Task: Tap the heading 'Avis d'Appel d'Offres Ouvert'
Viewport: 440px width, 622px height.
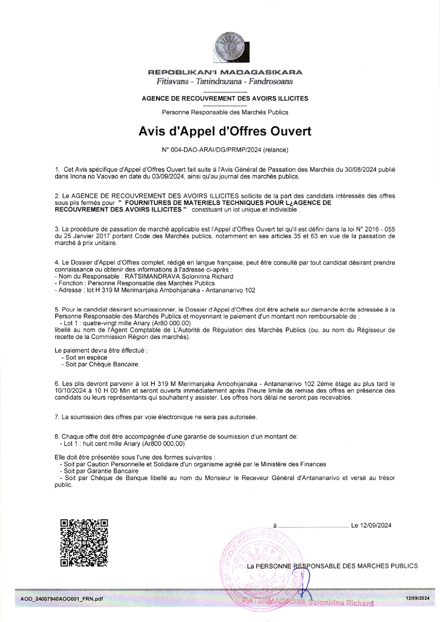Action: (x=225, y=131)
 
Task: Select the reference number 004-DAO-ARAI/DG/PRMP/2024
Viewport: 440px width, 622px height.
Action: (x=211, y=150)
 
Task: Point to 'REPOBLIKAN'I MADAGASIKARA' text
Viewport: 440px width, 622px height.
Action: (x=225, y=72)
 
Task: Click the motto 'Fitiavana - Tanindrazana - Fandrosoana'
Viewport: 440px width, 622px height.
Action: (x=225, y=82)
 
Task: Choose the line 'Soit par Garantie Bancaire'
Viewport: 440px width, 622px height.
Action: (x=101, y=471)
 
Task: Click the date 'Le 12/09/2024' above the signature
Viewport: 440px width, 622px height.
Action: (x=371, y=526)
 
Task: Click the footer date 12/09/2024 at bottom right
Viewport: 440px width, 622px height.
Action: (x=418, y=598)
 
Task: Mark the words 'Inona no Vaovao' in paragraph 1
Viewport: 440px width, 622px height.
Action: (x=89, y=176)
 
